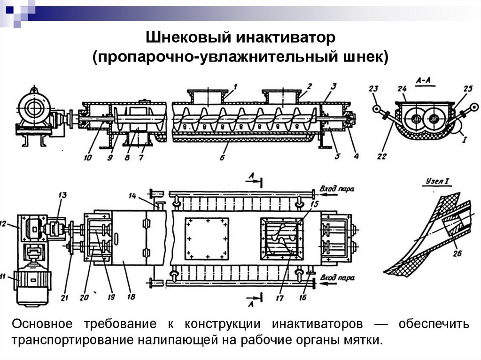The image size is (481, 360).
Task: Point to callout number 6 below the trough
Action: [x=223, y=158]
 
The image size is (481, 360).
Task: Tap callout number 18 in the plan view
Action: [x=131, y=296]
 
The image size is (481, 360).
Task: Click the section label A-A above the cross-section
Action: [x=424, y=81]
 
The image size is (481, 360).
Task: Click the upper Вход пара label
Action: [x=335, y=189]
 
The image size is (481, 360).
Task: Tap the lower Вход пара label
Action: [x=335, y=283]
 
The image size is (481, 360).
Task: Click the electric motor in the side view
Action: [x=34, y=109]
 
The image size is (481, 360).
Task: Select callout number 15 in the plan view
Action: [x=314, y=204]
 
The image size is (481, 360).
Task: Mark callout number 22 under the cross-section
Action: [x=381, y=156]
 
